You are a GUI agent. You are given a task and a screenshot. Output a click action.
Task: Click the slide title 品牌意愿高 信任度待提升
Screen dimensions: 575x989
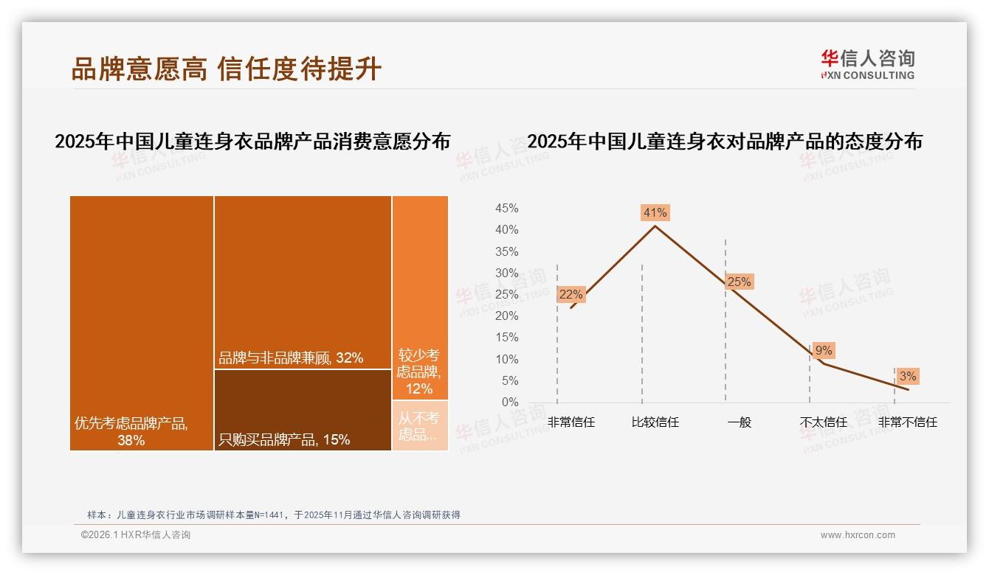[226, 69]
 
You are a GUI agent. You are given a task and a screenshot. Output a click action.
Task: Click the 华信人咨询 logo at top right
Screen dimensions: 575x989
[867, 64]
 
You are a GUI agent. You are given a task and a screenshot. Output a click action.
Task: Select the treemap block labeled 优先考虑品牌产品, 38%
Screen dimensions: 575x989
[142, 322]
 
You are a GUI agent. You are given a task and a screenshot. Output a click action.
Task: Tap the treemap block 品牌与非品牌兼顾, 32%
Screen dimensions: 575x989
[303, 282]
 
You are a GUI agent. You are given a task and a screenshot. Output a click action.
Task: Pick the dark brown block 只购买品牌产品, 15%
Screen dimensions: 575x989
[303, 409]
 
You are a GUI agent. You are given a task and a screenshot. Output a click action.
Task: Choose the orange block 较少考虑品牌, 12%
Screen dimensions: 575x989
[420, 298]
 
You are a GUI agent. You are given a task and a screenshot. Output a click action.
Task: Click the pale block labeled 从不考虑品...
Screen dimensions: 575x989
[420, 425]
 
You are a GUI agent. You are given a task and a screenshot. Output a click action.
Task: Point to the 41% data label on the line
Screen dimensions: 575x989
[655, 212]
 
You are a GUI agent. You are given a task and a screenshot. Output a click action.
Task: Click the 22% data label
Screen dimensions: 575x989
[571, 294]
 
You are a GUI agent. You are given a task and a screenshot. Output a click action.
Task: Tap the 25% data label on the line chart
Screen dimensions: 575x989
[739, 282]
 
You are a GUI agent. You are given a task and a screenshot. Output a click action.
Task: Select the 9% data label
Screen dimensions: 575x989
[824, 350]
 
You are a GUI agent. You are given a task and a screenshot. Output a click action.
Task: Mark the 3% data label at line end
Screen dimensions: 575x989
[908, 376]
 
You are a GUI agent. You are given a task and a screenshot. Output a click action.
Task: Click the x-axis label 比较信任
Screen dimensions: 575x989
[655, 422]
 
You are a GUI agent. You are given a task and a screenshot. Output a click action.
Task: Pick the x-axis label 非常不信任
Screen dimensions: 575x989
[908, 422]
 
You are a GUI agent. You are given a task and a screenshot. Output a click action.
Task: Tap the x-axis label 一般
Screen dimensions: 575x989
[739, 422]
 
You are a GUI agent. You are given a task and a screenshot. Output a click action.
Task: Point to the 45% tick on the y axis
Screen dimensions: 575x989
[506, 209]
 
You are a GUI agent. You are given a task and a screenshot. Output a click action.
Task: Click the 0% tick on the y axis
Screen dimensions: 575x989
[510, 402]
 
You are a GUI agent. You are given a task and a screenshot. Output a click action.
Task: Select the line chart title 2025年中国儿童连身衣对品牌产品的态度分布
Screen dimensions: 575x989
[725, 142]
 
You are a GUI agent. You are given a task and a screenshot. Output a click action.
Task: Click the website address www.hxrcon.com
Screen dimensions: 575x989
[858, 535]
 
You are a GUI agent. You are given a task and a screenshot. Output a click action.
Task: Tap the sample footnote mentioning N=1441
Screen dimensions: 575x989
[274, 515]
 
